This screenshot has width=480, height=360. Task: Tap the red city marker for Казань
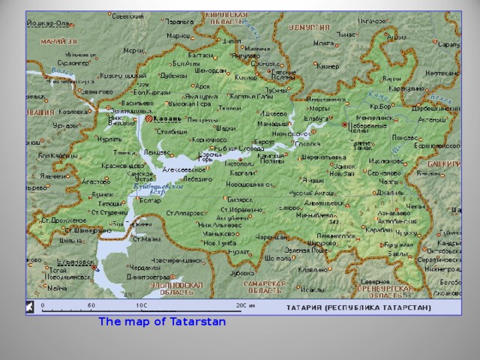pos(150,118)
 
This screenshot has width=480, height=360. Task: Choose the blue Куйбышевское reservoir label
pos(158,187)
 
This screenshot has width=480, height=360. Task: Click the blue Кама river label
pos(379,97)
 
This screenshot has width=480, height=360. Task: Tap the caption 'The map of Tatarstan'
pos(162,321)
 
